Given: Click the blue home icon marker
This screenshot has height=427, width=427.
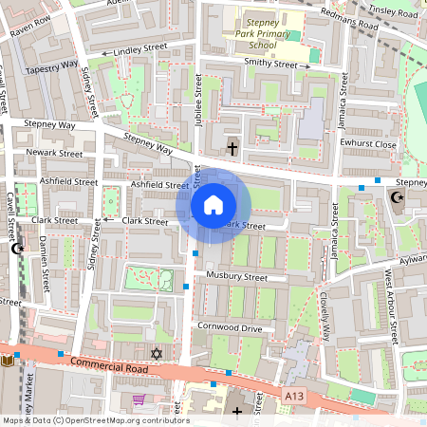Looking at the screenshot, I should pos(213,205).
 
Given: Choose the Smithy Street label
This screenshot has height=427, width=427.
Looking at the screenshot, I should pos(256,64).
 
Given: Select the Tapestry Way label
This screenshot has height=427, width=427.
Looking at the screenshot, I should pos(51,66).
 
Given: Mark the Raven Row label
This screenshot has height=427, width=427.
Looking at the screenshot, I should pos(29,20).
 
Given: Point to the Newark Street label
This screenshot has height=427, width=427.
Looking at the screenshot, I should pos(55,152).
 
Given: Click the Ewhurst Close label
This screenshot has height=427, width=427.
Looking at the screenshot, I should pos(366,144).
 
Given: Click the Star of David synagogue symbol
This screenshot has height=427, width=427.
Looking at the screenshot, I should pos(158,354).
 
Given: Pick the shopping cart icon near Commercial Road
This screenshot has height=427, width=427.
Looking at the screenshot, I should pos(139,399).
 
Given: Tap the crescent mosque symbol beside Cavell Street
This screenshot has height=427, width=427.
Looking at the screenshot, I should pos(15,249).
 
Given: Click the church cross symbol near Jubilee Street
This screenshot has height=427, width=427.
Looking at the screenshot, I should pos(232,148).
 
